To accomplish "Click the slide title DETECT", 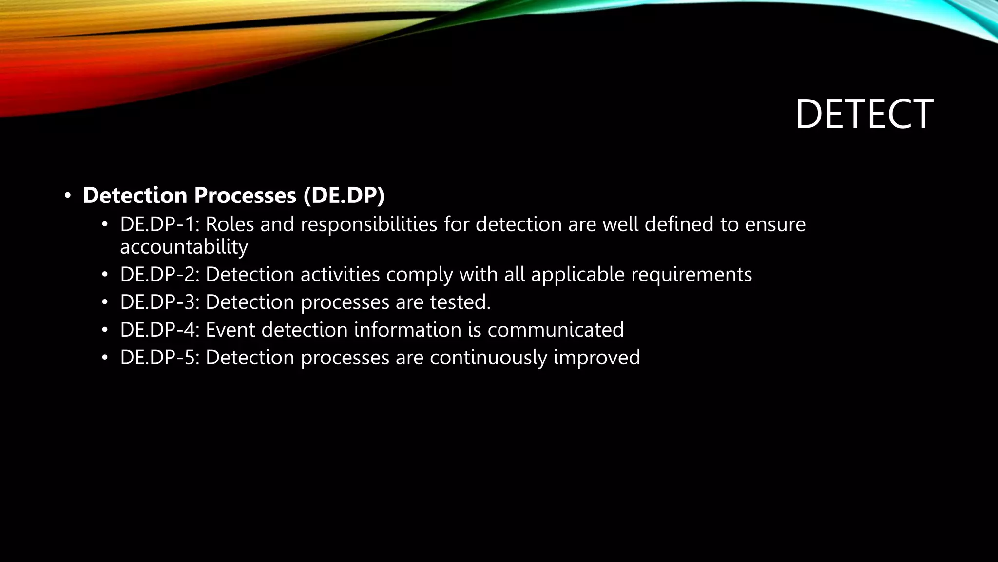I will click(864, 114).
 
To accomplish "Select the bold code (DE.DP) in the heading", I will click(344, 195).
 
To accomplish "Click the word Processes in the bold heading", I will click(245, 195).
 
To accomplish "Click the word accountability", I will click(184, 247).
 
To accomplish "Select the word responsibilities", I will click(369, 224).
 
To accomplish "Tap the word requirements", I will click(691, 275).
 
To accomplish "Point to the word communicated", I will click(556, 330).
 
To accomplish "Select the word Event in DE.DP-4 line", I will click(230, 330).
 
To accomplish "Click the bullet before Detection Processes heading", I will click(68, 196).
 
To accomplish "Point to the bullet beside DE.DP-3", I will click(104, 303).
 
